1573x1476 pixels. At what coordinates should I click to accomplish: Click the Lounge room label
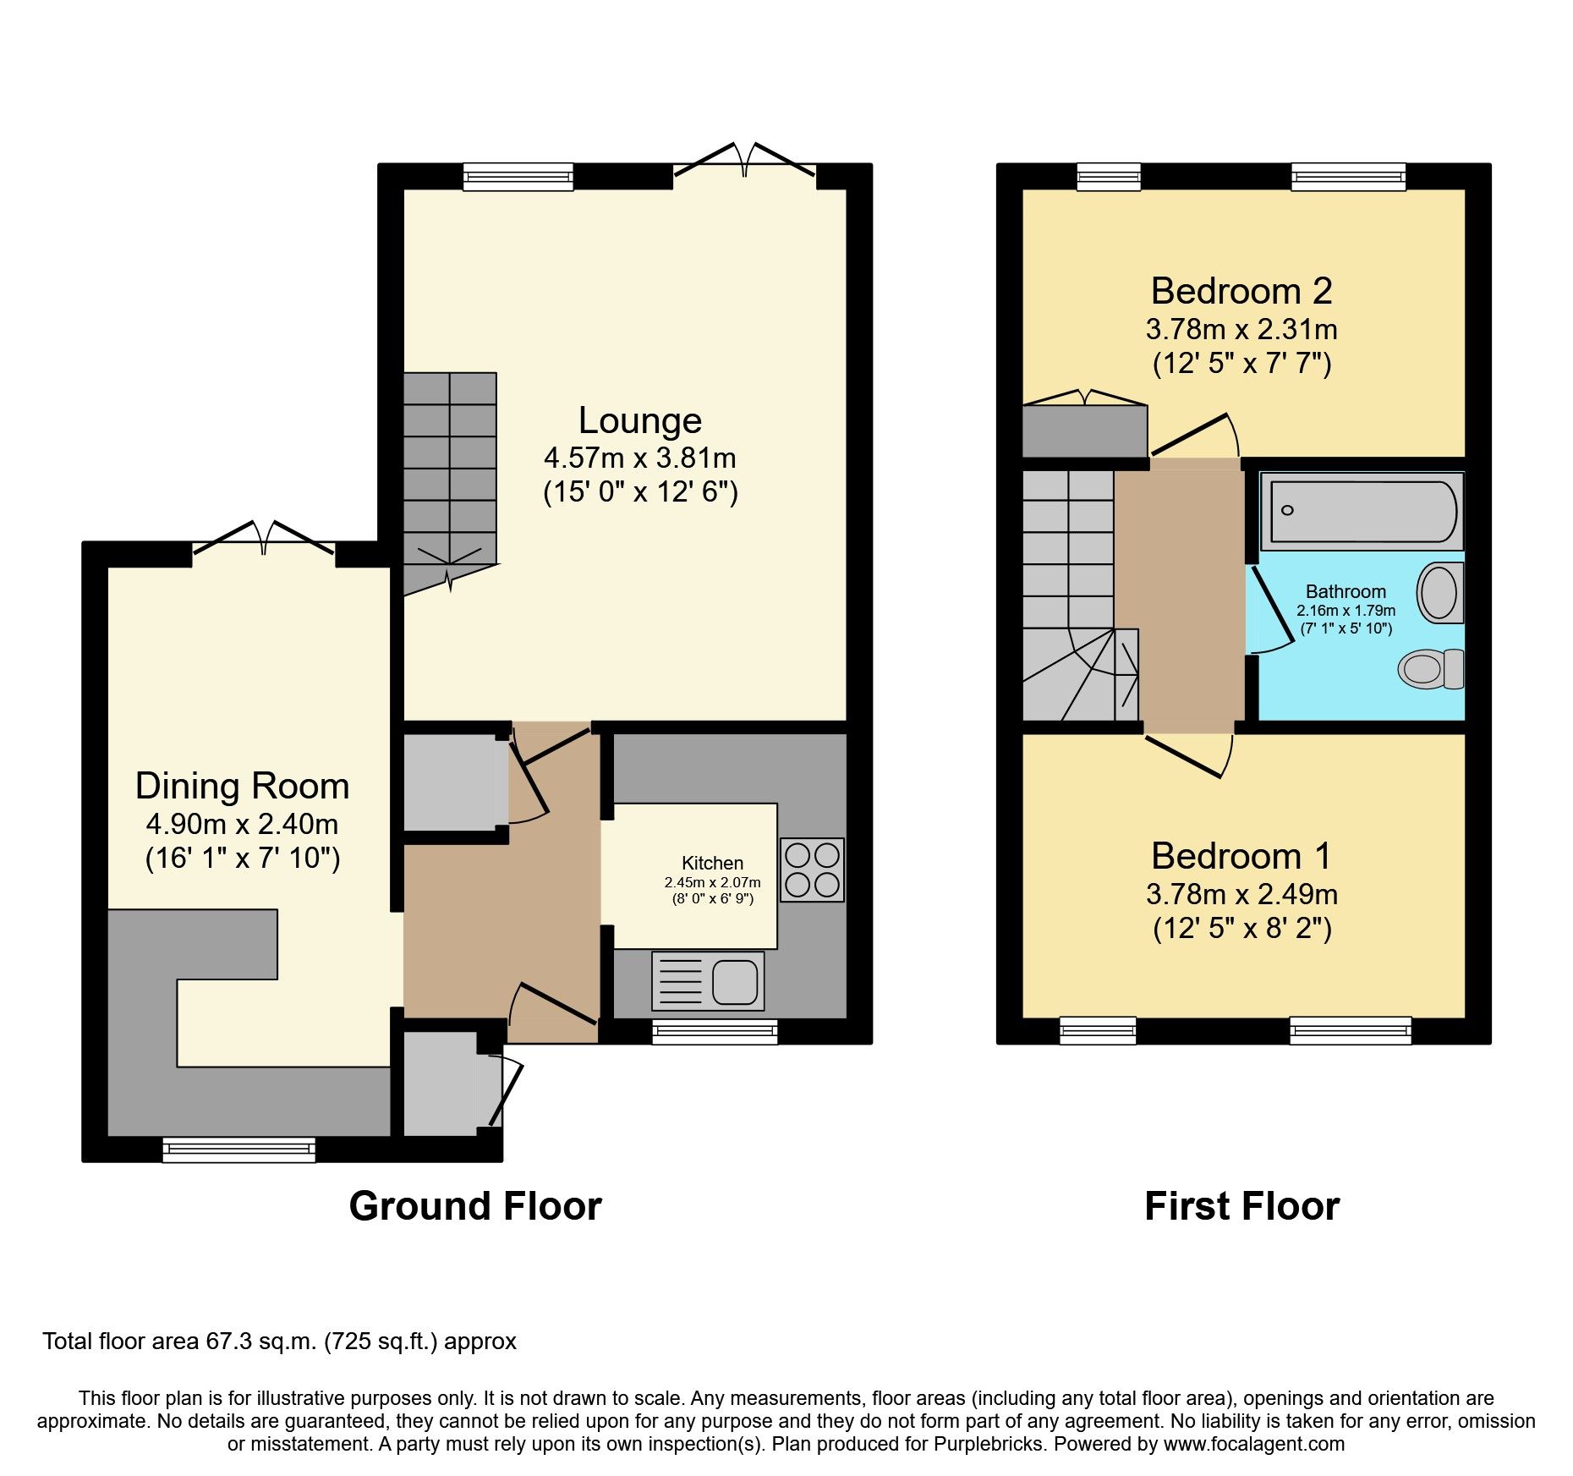pos(639,421)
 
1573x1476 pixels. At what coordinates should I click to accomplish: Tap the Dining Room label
pos(242,787)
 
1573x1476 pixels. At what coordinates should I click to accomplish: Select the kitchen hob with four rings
pos(812,870)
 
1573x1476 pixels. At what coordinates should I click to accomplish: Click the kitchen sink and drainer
pos(708,981)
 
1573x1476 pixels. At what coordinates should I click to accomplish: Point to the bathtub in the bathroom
pos(1361,511)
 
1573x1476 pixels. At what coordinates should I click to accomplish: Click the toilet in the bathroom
pos(1431,669)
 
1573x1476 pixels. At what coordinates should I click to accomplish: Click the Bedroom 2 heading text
pos(1241,292)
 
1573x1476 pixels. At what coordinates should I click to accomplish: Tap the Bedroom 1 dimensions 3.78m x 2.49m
pos(1241,894)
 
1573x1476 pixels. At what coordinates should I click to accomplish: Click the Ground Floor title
pos(474,1206)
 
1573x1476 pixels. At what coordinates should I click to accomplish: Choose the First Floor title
pos(1241,1206)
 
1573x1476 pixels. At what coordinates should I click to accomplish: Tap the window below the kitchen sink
pos(715,1031)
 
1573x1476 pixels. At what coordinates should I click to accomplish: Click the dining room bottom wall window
pos(239,1149)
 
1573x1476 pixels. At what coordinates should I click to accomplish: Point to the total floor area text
pos(279,1342)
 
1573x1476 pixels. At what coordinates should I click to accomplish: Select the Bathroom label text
pos(1345,592)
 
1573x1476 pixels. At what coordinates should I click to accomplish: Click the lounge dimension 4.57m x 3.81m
pos(639,458)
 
